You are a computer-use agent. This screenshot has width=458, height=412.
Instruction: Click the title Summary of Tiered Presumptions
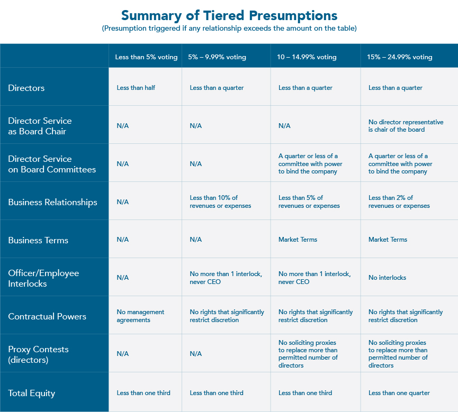point(229,15)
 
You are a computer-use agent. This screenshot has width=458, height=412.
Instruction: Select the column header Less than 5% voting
point(146,57)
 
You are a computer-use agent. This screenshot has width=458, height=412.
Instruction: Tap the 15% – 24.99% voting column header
point(400,57)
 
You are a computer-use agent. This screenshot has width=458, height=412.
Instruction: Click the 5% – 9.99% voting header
point(217,57)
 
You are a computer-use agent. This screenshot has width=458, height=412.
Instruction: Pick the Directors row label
point(26,88)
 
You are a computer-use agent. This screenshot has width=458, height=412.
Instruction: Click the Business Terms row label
point(38,240)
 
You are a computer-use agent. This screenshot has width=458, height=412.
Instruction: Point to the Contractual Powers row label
point(47,316)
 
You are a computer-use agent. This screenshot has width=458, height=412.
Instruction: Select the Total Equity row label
point(32,393)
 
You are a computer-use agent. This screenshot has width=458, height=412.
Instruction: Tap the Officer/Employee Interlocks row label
point(43,278)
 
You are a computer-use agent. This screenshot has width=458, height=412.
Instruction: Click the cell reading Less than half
point(136,88)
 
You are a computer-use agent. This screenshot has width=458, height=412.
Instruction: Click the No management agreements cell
point(140,316)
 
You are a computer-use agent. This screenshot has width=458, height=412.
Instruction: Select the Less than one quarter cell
point(399,393)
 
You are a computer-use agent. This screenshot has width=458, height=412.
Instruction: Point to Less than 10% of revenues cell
point(220,202)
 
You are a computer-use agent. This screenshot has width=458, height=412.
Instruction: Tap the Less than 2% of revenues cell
point(399,202)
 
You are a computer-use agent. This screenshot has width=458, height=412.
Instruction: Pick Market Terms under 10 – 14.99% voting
point(298,240)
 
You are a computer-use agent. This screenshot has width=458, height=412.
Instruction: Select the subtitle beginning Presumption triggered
point(229,29)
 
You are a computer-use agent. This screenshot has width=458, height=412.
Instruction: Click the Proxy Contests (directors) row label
point(38,354)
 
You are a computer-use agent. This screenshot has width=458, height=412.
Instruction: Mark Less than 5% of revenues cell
point(309,202)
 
